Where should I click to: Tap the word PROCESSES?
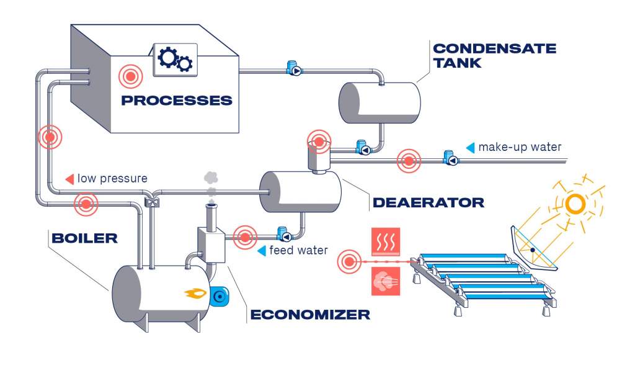point(176,100)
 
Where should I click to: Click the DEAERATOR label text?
point(428,202)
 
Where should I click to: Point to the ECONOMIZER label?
point(309,314)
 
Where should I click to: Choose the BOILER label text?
point(86,238)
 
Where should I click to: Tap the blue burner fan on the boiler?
point(219,297)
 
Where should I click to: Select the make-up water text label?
point(519,147)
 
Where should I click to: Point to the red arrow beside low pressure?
point(69,179)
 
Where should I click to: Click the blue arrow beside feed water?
point(261,251)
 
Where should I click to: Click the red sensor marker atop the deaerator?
point(319,142)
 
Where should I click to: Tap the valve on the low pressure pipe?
point(149,201)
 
